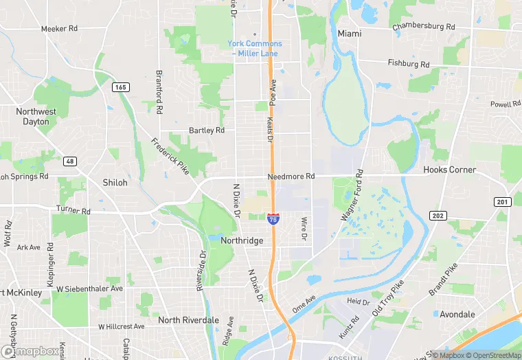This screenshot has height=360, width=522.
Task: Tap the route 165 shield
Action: tap(121, 87)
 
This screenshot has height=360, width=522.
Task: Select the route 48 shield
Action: tap(70, 161)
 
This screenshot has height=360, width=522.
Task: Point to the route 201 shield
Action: tap(502, 201)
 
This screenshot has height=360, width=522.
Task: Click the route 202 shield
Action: tap(438, 215)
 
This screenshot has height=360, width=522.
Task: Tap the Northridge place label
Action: tap(242, 240)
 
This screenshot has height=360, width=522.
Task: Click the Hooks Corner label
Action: tap(449, 170)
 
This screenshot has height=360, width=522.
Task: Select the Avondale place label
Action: tap(457, 315)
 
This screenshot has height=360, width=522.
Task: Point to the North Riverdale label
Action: tap(188, 320)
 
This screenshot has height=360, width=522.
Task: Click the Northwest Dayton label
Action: tap(36, 116)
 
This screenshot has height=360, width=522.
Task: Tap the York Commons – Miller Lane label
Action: tap(255, 48)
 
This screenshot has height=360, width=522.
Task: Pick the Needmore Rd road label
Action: tap(291, 177)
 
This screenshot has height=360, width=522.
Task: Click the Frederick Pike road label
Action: tap(170, 157)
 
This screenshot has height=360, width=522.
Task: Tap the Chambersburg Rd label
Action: tap(423, 27)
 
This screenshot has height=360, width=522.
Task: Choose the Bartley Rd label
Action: tap(207, 130)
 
